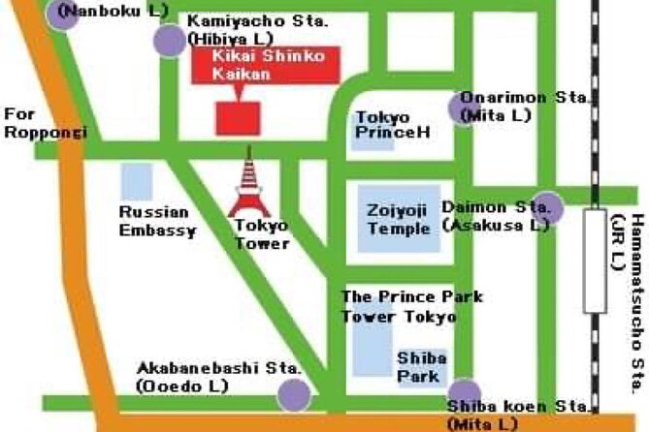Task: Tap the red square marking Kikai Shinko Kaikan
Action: coord(238,117)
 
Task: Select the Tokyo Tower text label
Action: coord(262,233)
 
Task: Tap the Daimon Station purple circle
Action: coord(547,206)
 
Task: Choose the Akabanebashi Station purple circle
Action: coord(294,394)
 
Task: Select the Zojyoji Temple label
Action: coord(399,219)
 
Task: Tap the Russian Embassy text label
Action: coord(157,221)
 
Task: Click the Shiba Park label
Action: coord(421,367)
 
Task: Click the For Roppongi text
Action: coord(45,123)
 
